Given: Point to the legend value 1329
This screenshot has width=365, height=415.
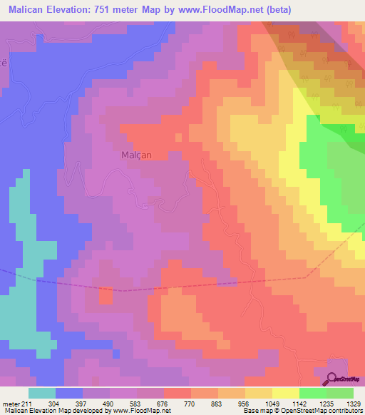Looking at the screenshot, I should [x=354, y=404].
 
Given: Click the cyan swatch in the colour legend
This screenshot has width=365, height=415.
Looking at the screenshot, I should [x=42, y=393].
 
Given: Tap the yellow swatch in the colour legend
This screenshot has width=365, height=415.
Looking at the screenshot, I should [x=285, y=393].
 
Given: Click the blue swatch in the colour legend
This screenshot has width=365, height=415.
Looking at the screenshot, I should [x=69, y=393].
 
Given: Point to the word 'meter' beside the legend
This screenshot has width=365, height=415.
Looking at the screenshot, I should [x=11, y=404].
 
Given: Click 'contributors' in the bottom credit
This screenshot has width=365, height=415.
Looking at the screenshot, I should [x=344, y=411].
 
